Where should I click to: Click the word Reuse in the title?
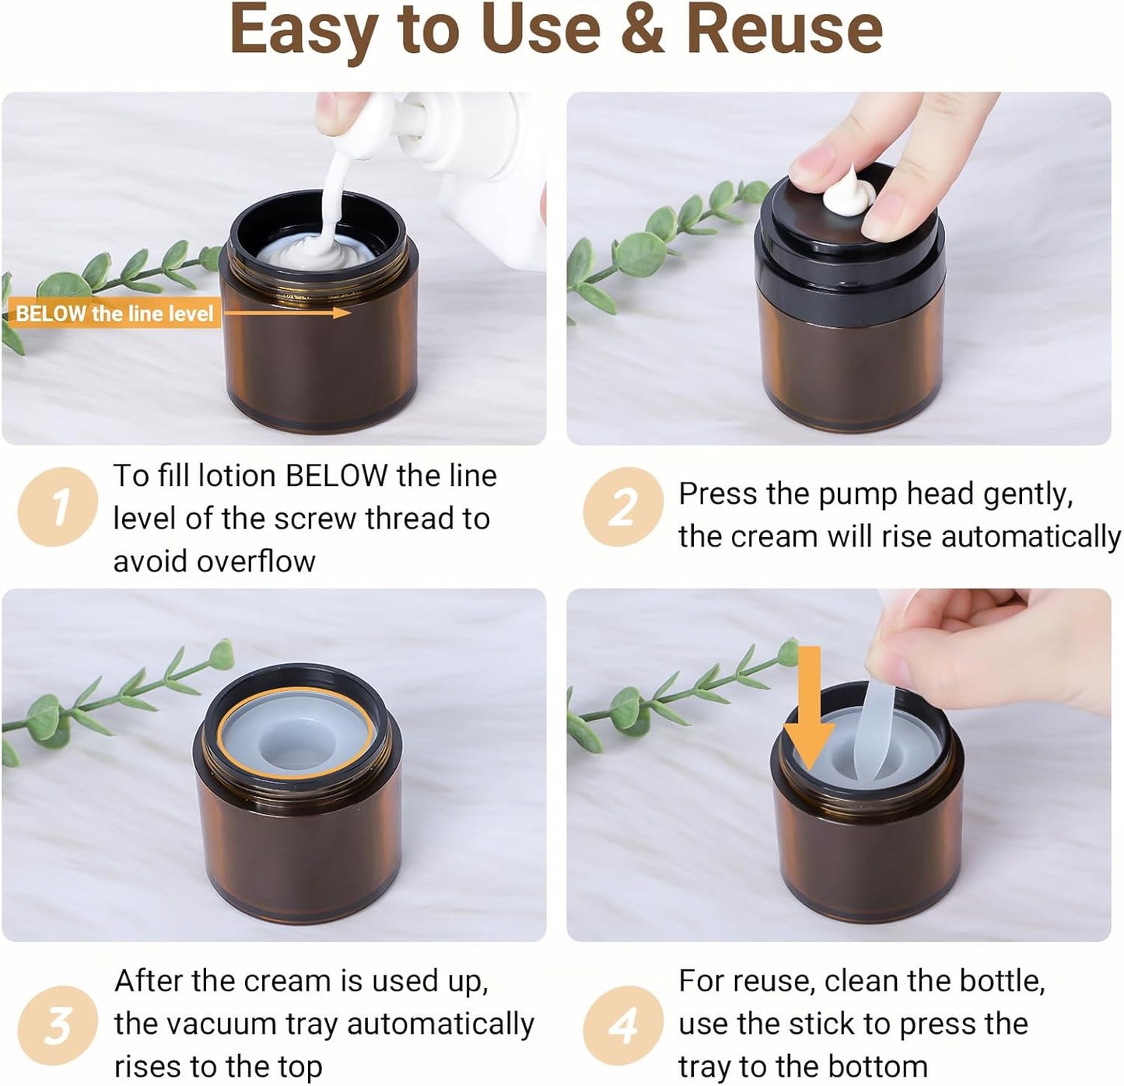(x=784, y=30)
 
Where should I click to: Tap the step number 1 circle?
(x=58, y=507)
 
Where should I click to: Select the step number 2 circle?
(x=622, y=507)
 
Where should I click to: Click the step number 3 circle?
(x=58, y=1025)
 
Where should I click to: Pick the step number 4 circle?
(x=622, y=1025)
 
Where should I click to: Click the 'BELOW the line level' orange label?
(x=114, y=313)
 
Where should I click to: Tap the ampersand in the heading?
(x=643, y=30)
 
